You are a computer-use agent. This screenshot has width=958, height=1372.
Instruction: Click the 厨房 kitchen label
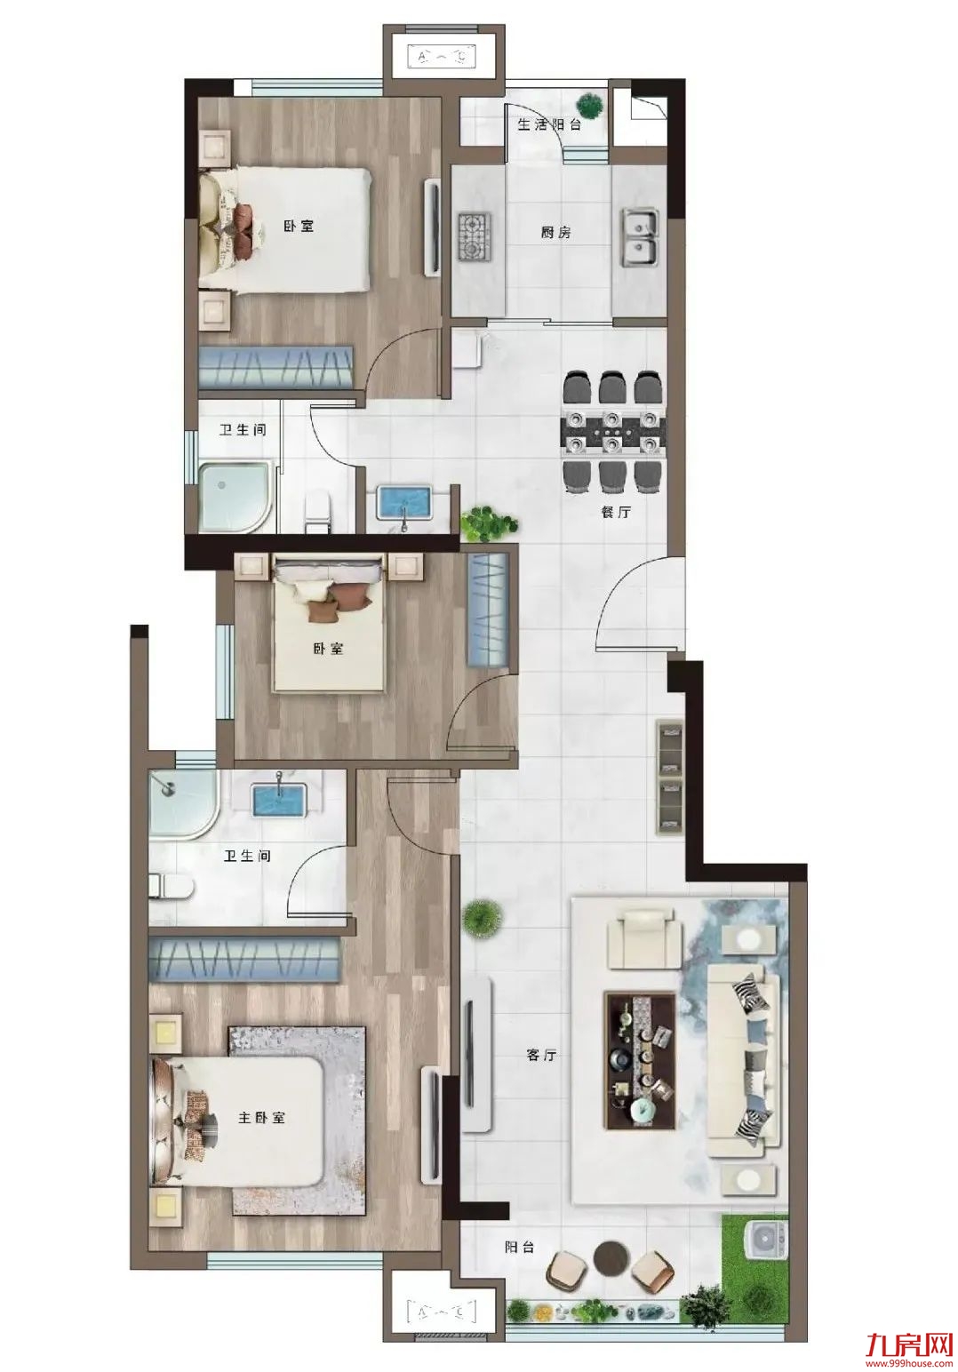coord(555,233)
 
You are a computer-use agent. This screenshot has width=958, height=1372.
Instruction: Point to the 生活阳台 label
coord(549,125)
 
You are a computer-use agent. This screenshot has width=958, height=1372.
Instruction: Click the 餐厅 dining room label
coord(616,512)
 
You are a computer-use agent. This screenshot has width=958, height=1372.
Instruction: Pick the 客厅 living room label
coord(541,1056)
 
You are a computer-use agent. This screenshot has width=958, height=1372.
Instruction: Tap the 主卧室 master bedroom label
coord(261,1117)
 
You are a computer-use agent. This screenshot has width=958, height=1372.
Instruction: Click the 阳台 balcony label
coord(519,1247)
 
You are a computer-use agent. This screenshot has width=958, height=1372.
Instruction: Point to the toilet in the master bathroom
coord(171,888)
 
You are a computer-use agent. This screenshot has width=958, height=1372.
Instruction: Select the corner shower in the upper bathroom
coord(234,496)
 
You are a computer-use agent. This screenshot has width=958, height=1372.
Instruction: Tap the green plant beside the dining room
coord(488,523)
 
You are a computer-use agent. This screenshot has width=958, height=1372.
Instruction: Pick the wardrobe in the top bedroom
coord(277,368)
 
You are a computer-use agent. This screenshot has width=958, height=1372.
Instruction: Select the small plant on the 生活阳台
coord(590,107)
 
